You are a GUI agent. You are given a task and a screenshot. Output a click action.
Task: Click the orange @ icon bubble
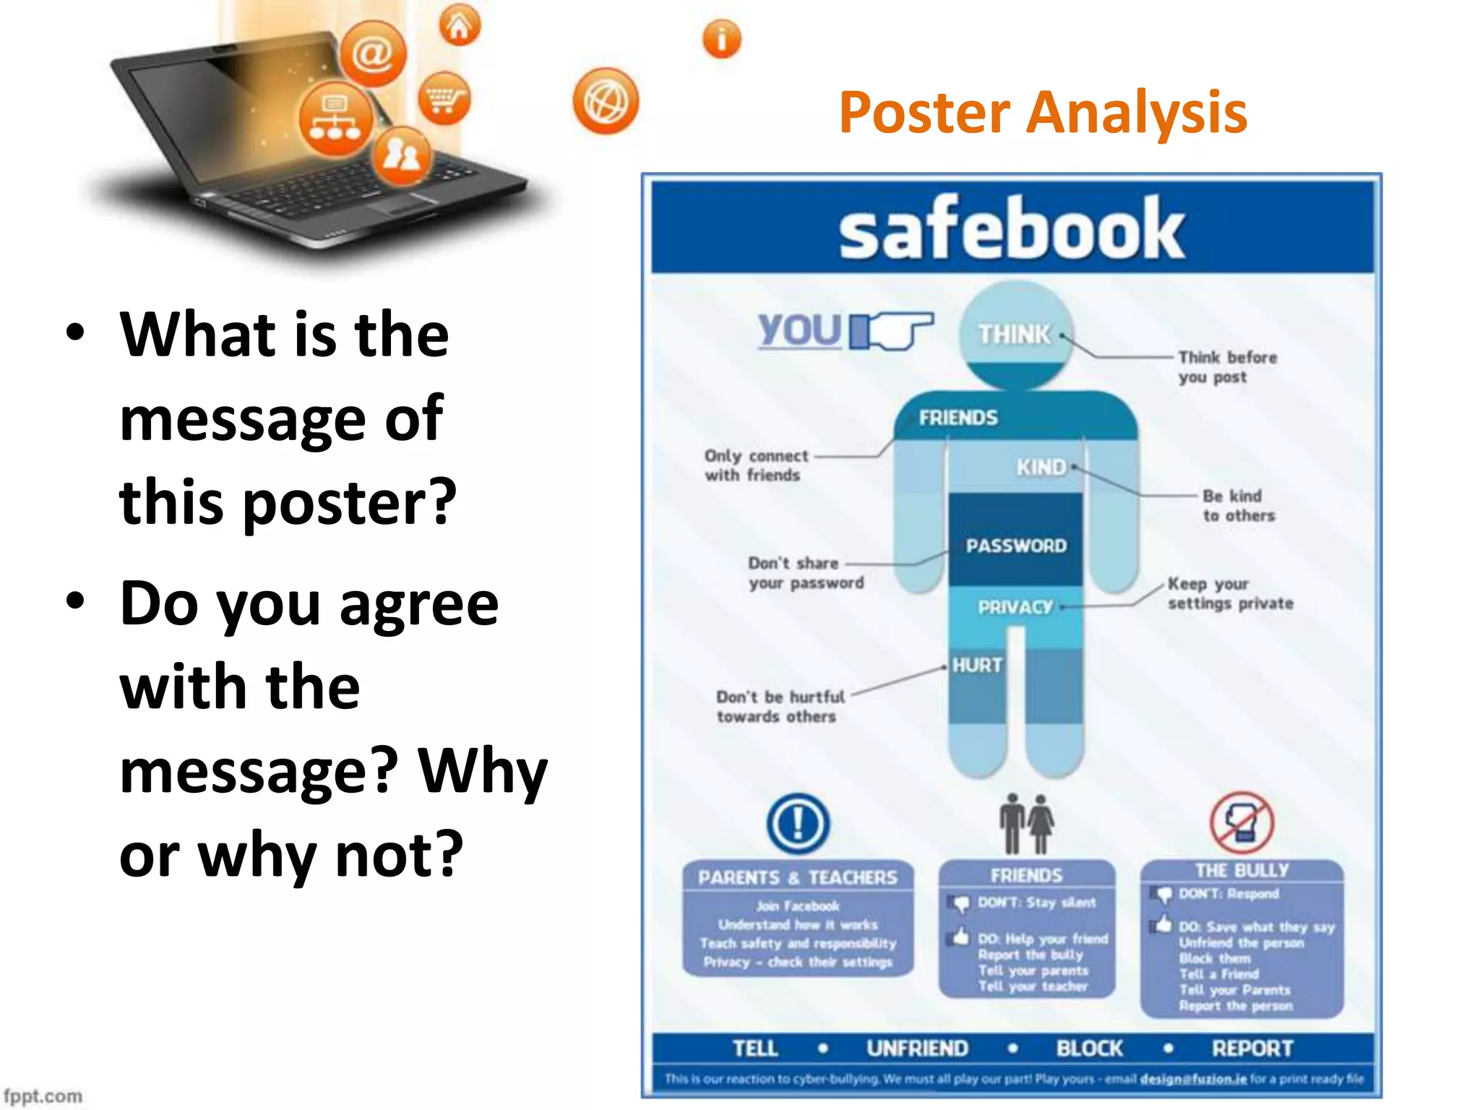click(373, 53)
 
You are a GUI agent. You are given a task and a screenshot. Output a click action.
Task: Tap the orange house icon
click(460, 26)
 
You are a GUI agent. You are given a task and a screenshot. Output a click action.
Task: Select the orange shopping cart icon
click(444, 98)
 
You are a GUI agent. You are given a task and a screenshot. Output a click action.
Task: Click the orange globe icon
click(606, 102)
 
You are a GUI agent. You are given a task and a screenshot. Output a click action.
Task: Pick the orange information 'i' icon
click(721, 39)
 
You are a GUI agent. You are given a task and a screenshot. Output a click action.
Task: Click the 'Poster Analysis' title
click(1043, 113)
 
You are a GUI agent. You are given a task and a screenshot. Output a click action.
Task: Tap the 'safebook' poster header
click(1011, 228)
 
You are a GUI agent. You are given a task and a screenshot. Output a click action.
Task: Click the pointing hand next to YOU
click(892, 331)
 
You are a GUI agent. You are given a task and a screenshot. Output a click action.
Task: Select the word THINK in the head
click(1014, 335)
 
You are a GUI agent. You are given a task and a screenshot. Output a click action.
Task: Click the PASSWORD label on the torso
click(1015, 546)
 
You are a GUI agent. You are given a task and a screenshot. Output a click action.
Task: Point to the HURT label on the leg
click(977, 665)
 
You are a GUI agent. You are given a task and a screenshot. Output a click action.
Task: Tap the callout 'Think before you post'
click(1226, 367)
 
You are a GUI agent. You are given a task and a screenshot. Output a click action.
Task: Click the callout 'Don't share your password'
click(806, 573)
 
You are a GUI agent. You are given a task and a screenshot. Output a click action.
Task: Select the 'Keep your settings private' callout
click(1230, 593)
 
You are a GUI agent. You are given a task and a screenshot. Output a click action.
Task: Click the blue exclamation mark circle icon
click(798, 823)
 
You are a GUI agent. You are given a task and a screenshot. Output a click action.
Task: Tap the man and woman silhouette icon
click(1026, 823)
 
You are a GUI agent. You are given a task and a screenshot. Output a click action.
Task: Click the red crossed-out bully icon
click(1241, 823)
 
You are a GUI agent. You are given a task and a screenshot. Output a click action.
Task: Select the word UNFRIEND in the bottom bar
click(916, 1048)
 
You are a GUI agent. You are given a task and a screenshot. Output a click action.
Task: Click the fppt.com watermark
click(43, 1096)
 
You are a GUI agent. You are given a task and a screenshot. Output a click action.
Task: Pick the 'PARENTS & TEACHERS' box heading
click(797, 877)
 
